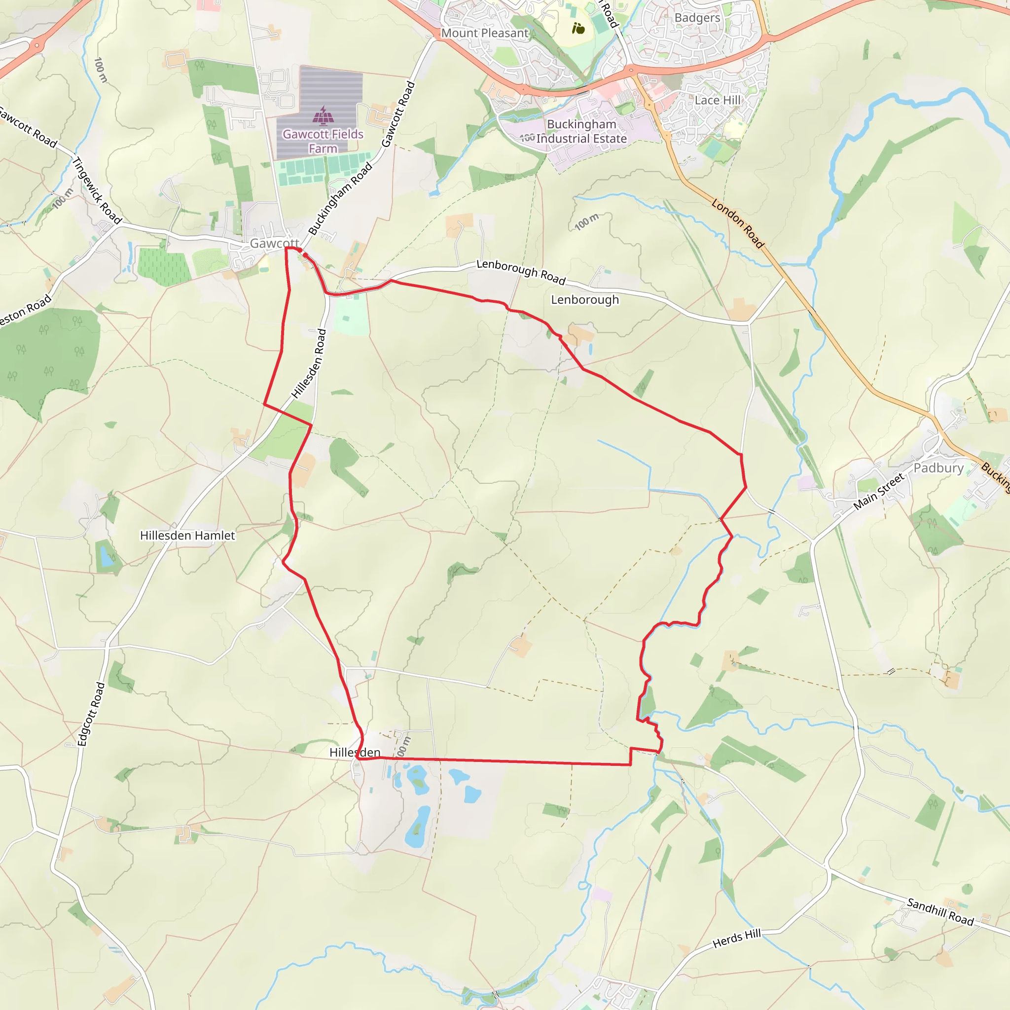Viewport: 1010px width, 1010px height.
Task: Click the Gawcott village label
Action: (x=274, y=243)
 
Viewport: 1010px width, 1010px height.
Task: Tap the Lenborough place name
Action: (x=584, y=299)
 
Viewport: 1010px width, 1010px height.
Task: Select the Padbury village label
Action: (x=938, y=468)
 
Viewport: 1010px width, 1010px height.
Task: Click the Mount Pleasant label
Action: (x=485, y=33)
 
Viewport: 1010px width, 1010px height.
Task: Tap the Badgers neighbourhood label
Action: (x=697, y=18)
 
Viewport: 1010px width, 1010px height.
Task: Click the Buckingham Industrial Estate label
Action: (x=581, y=131)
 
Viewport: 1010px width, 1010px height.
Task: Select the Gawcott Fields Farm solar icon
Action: (x=323, y=115)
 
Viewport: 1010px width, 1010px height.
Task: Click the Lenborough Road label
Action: (x=521, y=272)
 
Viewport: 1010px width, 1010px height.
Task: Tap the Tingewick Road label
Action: (x=97, y=190)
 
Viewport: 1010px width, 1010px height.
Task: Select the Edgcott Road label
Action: (x=91, y=714)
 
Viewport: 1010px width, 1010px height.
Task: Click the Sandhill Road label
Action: (x=940, y=912)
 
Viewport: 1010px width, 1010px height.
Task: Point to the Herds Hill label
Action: (x=737, y=939)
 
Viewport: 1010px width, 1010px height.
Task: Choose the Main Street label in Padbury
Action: (x=878, y=491)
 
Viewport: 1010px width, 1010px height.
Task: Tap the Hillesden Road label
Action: (x=308, y=364)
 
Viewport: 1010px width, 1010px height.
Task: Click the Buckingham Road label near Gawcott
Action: (x=340, y=199)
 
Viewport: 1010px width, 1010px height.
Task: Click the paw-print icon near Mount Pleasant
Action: (x=578, y=28)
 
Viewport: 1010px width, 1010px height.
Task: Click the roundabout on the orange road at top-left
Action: (x=36, y=46)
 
